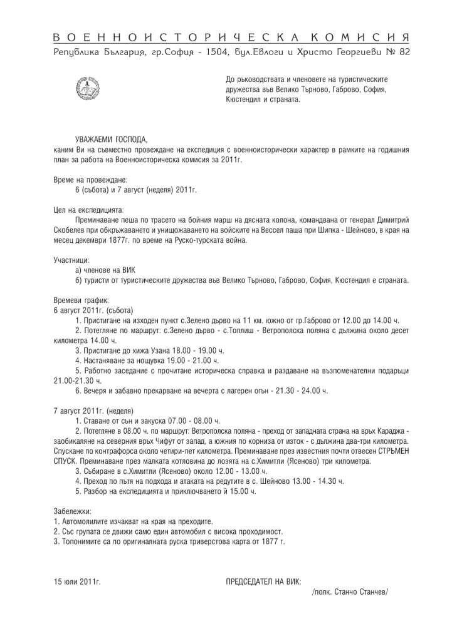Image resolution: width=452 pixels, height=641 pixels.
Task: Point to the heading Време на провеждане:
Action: [90, 180]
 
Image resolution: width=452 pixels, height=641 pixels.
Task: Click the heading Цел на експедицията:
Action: [89, 209]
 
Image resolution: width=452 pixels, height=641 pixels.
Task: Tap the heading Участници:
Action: [71, 259]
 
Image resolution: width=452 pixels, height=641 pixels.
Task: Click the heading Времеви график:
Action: [81, 300]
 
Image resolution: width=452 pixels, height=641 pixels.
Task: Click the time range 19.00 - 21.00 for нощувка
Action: [187, 361]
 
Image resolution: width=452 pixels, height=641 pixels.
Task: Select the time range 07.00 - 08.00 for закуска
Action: [187, 421]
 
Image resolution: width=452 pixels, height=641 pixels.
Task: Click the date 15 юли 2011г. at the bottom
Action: [77, 582]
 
